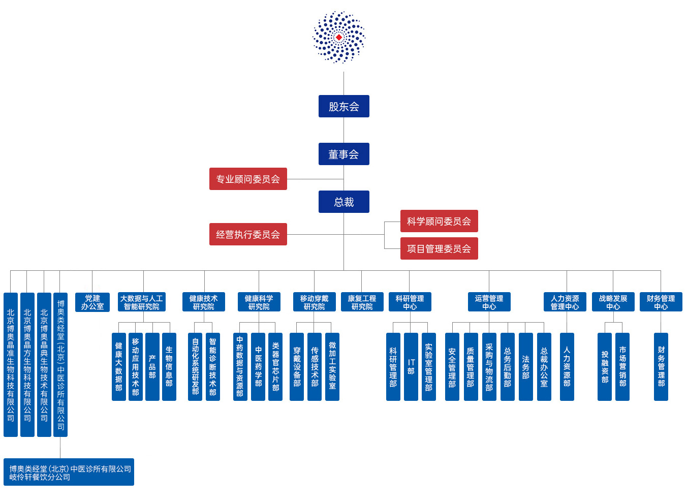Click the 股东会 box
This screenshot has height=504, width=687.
click(344, 106)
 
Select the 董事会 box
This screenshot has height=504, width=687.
click(344, 154)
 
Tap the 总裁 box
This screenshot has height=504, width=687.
click(344, 202)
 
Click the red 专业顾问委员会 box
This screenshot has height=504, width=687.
click(248, 179)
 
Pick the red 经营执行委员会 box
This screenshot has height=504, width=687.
click(248, 234)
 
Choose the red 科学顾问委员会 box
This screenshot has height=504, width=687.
click(439, 221)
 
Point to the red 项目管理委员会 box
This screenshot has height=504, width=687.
click(439, 248)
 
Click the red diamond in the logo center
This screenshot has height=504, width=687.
click(339, 38)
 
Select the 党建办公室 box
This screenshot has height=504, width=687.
click(92, 302)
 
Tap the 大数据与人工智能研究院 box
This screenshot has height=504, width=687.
click(142, 302)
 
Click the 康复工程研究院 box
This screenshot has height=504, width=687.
click(362, 302)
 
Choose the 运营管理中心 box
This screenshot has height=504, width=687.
click(489, 302)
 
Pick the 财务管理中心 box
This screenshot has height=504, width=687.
click(661, 302)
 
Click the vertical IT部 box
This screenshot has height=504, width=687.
click(411, 367)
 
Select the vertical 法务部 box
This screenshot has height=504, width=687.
click(526, 367)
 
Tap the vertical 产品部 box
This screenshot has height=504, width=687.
click(152, 367)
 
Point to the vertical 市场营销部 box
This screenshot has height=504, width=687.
click(622, 367)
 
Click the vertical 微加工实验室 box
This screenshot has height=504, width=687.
click(332, 367)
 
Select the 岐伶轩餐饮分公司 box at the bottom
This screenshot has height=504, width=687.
click(69, 472)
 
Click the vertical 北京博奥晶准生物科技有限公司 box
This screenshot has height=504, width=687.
click(11, 365)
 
